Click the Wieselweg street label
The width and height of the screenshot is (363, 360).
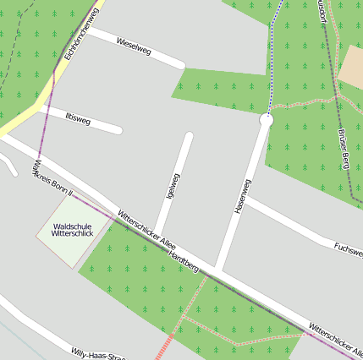point(134,46)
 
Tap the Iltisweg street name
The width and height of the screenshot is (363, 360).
point(77,119)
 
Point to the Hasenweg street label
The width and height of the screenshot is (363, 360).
point(242,196)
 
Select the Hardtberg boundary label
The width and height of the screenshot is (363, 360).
point(184,261)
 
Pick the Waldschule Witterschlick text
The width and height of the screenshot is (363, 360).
point(72,230)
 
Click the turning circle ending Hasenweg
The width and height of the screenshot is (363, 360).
point(266,121)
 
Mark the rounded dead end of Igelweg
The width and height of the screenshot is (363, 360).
point(188,135)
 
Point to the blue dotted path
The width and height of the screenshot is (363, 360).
point(272,59)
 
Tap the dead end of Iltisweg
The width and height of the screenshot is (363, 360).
point(118,130)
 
